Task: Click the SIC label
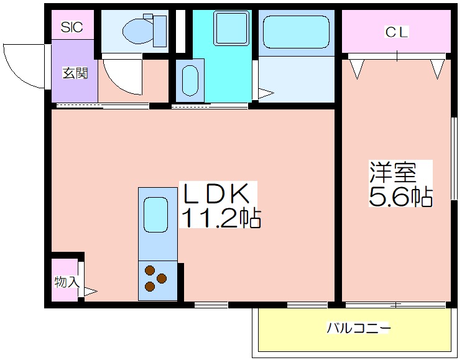72,27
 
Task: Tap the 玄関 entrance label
75,73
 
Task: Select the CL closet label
397,32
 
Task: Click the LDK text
216,193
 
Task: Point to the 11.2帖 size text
220,218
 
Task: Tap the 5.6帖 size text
400,196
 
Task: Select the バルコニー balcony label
358,328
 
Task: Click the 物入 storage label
67,282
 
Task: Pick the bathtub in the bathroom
296,32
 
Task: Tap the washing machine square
231,29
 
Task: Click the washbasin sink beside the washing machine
190,81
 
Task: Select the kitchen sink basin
156,215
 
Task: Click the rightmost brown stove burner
162,278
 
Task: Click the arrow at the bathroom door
266,94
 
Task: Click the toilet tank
160,31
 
